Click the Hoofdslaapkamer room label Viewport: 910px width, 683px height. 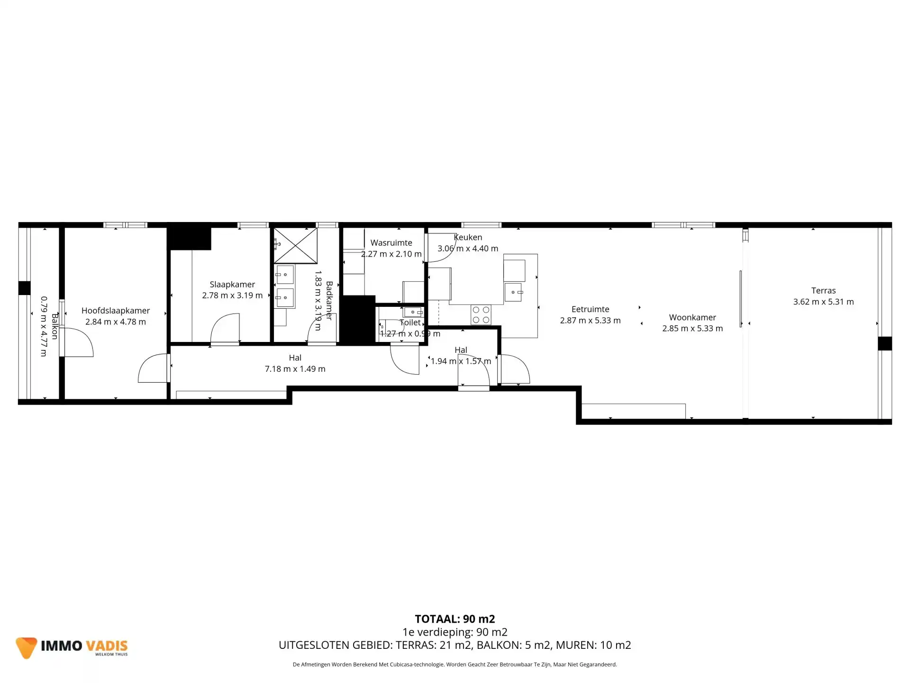pos(116,311)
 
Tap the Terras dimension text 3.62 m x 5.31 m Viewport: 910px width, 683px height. pos(824,302)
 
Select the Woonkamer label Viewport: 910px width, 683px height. pos(692,317)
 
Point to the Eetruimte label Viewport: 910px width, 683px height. pos(590,309)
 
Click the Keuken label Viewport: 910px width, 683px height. pos(468,237)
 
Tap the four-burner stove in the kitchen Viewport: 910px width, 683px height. pos(481,315)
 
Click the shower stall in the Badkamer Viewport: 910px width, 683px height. pos(296,245)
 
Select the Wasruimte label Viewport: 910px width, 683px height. pos(391,243)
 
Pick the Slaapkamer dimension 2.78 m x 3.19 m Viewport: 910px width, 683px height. pos(232,295)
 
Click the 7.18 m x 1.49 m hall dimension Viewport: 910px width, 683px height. pos(295,369)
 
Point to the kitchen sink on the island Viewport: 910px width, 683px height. pos(514,292)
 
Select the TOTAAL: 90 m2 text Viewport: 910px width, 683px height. pos(455,619)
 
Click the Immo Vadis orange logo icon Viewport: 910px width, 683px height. pos(26,647)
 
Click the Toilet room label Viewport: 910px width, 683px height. pos(410,323)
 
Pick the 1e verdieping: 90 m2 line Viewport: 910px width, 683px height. pos(455,632)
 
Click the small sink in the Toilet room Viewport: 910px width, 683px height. pos(413,312)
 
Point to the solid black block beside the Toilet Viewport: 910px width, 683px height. pos(358,319)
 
